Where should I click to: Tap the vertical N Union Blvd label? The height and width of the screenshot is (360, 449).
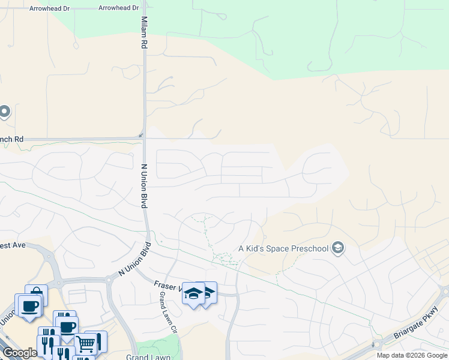pos(144,186)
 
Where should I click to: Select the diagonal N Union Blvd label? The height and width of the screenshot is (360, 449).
pos(133,260)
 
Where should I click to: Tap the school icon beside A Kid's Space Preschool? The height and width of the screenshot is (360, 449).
pos(338,248)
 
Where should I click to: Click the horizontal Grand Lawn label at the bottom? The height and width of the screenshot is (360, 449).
pos(145,357)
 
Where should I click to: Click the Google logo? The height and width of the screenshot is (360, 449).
pos(20,353)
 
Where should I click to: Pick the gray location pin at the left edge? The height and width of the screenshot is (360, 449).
pos(4,112)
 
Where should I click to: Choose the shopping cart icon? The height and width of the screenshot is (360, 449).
pos(86,343)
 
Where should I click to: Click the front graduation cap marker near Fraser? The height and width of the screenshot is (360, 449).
pos(193,293)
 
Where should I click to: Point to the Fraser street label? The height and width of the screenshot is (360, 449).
pos(167,287)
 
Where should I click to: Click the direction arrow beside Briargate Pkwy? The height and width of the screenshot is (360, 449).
pos(373,344)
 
